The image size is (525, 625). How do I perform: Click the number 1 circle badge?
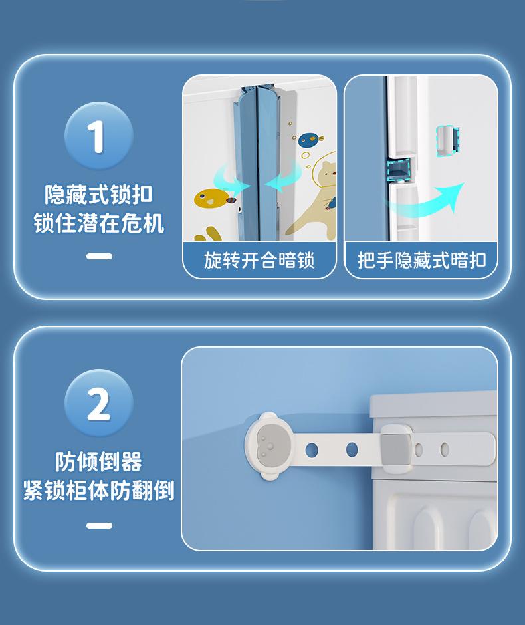99,136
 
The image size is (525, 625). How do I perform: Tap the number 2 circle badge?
99,404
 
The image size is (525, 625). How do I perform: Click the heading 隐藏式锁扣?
98,195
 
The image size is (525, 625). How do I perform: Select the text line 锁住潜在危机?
98,223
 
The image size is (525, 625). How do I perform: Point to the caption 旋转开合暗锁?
259,260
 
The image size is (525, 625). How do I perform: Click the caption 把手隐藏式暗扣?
422,260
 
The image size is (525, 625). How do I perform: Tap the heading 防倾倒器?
98,462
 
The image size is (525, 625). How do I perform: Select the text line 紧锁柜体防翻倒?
98,490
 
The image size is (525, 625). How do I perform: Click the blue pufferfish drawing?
310,139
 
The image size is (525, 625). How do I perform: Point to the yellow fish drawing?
212,198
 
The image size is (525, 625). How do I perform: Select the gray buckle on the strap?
395,449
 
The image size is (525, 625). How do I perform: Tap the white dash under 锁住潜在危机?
99,256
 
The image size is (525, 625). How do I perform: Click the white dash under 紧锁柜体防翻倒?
99,525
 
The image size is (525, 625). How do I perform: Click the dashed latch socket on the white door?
448,141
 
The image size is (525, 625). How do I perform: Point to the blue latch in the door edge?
398,170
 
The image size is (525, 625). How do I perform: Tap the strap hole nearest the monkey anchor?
312,450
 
